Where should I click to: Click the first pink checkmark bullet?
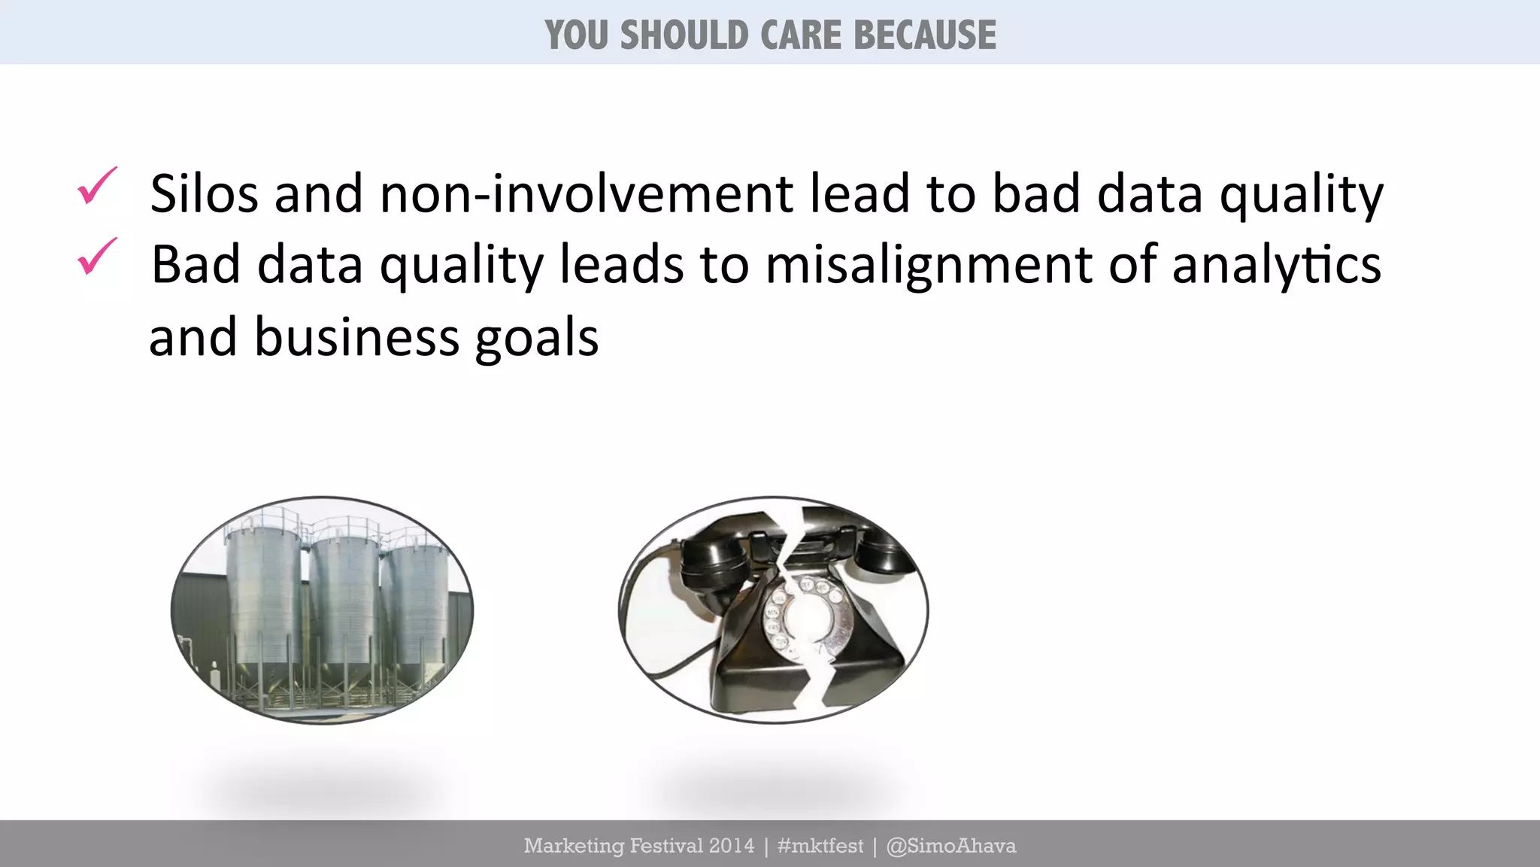pos(97,186)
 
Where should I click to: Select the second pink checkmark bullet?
pos(97,257)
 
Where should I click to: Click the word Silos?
pos(204,193)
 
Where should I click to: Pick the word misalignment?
pos(928,265)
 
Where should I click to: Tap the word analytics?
pos(1276,265)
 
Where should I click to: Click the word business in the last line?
pos(356,337)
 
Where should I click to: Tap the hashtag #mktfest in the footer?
pos(820,846)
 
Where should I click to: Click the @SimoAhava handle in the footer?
pos(950,846)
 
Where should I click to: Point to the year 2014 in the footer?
pos(731,846)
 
